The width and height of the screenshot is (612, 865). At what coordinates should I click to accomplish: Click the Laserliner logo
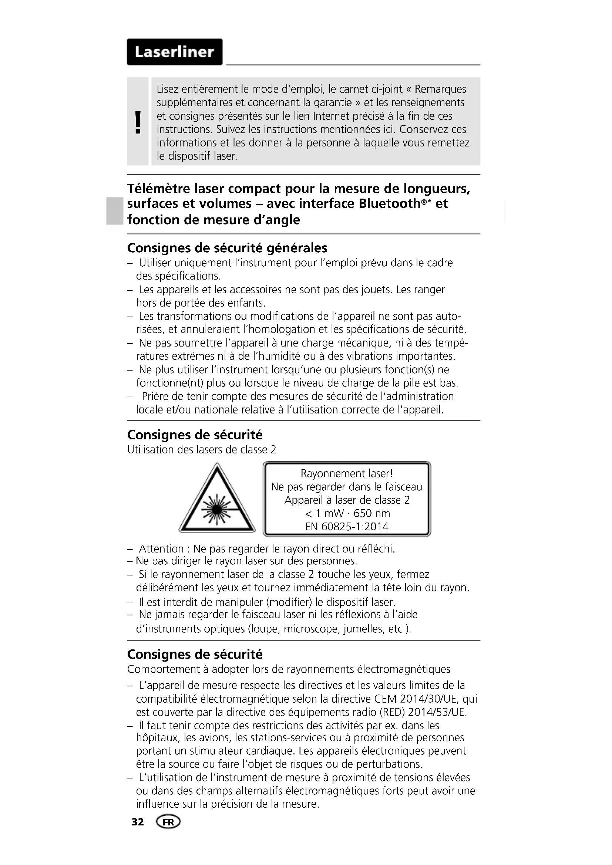(x=175, y=52)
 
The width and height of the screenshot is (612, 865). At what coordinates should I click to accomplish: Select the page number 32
(x=138, y=822)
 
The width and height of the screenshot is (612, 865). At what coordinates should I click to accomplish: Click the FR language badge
(x=168, y=822)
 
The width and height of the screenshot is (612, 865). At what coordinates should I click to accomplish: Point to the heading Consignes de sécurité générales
(x=227, y=248)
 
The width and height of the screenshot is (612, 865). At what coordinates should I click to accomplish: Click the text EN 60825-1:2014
(x=347, y=526)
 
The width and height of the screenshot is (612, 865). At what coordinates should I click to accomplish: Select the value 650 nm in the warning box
(x=371, y=513)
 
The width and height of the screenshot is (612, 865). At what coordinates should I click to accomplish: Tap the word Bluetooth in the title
(x=389, y=204)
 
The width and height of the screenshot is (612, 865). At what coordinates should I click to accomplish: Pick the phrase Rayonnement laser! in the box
(x=347, y=473)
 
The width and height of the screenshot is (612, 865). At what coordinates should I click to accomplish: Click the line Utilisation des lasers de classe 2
(x=202, y=450)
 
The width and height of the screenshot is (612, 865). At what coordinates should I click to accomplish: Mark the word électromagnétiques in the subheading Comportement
(x=403, y=669)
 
